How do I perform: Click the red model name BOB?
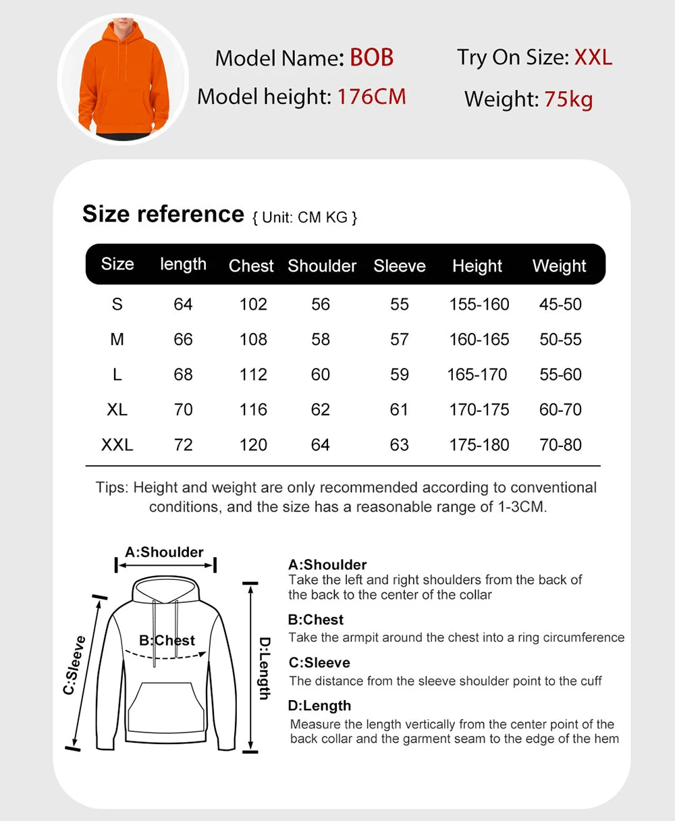coord(371,57)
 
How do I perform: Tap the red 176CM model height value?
coord(372,97)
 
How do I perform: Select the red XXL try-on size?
coord(593,57)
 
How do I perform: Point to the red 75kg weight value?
coord(568,99)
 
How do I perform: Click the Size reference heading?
coord(163,214)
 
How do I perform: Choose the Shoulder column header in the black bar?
coord(322,265)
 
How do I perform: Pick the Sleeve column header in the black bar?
coord(400,265)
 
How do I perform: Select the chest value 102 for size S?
coord(253,304)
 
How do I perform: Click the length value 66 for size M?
coord(183,340)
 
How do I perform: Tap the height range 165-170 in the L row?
coord(477,375)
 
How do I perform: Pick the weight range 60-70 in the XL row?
coord(560,410)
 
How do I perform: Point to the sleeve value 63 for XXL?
coord(400,445)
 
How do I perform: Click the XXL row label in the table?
coord(117,445)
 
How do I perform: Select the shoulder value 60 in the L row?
coord(321,375)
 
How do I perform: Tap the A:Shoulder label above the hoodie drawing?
coord(164,552)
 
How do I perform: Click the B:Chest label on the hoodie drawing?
coord(167,640)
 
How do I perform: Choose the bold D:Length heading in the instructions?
coord(319,706)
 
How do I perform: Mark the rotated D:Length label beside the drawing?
coord(265,668)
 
